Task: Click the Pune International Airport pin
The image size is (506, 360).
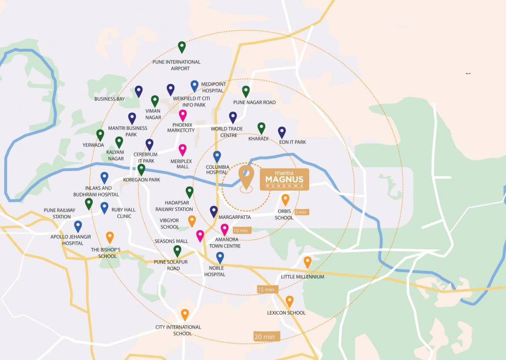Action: tap(182, 47)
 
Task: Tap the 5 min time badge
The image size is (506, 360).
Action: tap(302, 212)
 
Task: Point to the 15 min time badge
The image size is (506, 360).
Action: tap(266, 289)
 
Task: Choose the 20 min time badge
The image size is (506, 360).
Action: tap(265, 336)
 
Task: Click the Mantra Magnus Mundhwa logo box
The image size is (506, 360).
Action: tap(284, 180)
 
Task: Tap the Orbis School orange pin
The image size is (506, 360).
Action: tap(285, 200)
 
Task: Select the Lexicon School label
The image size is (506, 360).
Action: tap(286, 313)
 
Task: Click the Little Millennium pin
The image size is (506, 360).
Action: tap(307, 262)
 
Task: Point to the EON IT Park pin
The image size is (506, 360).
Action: tap(282, 132)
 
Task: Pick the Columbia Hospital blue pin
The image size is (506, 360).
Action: tap(217, 157)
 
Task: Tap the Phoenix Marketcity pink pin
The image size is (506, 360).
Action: tap(183, 115)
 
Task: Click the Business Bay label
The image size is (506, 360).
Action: tap(110, 99)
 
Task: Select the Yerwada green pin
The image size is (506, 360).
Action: tap(100, 135)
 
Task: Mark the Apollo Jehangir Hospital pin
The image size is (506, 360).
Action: tap(78, 226)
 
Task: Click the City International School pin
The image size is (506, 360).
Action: tap(185, 315)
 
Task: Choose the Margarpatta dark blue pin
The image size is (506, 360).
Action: tap(214, 211)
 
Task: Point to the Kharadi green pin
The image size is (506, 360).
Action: tap(261, 128)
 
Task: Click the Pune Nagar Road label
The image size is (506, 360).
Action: tap(254, 102)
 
